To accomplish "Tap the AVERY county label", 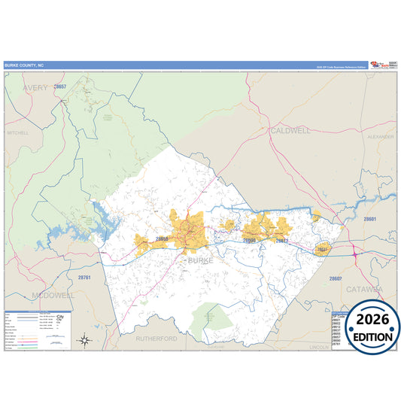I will pyautogui.click(x=35, y=88).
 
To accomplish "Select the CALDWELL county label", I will pyautogui.click(x=289, y=130).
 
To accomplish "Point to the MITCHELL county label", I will pyautogui.click(x=17, y=132).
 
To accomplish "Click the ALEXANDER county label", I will pyautogui.click(x=381, y=137).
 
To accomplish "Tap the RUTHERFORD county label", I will pyautogui.click(x=156, y=339).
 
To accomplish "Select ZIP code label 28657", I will pyautogui.click(x=60, y=87).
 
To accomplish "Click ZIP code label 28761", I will pyautogui.click(x=84, y=278).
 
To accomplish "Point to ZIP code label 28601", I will pyautogui.click(x=369, y=219).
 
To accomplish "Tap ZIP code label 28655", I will pyautogui.click(x=162, y=239).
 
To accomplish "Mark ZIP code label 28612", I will pyautogui.click(x=282, y=241).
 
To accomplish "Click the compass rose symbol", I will pyautogui.click(x=85, y=340).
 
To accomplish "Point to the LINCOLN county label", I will pyautogui.click(x=320, y=348).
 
